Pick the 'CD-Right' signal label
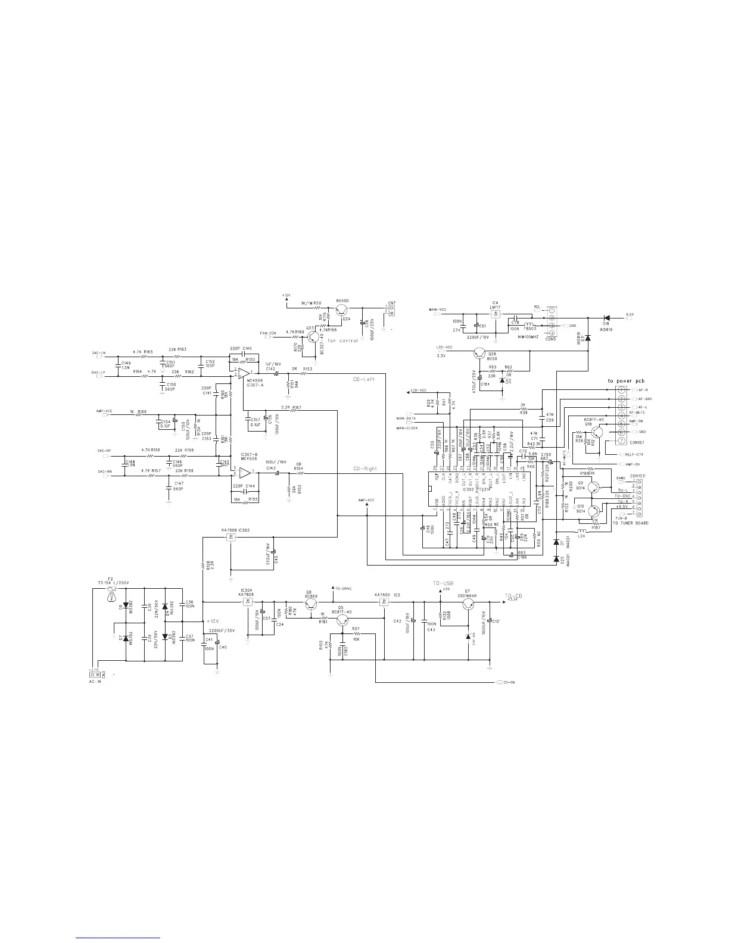point(364,469)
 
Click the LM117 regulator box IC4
point(496,313)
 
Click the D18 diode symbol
point(606,317)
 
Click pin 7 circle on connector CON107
point(621,444)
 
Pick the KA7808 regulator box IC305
point(230,538)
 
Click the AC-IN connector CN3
point(94,673)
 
